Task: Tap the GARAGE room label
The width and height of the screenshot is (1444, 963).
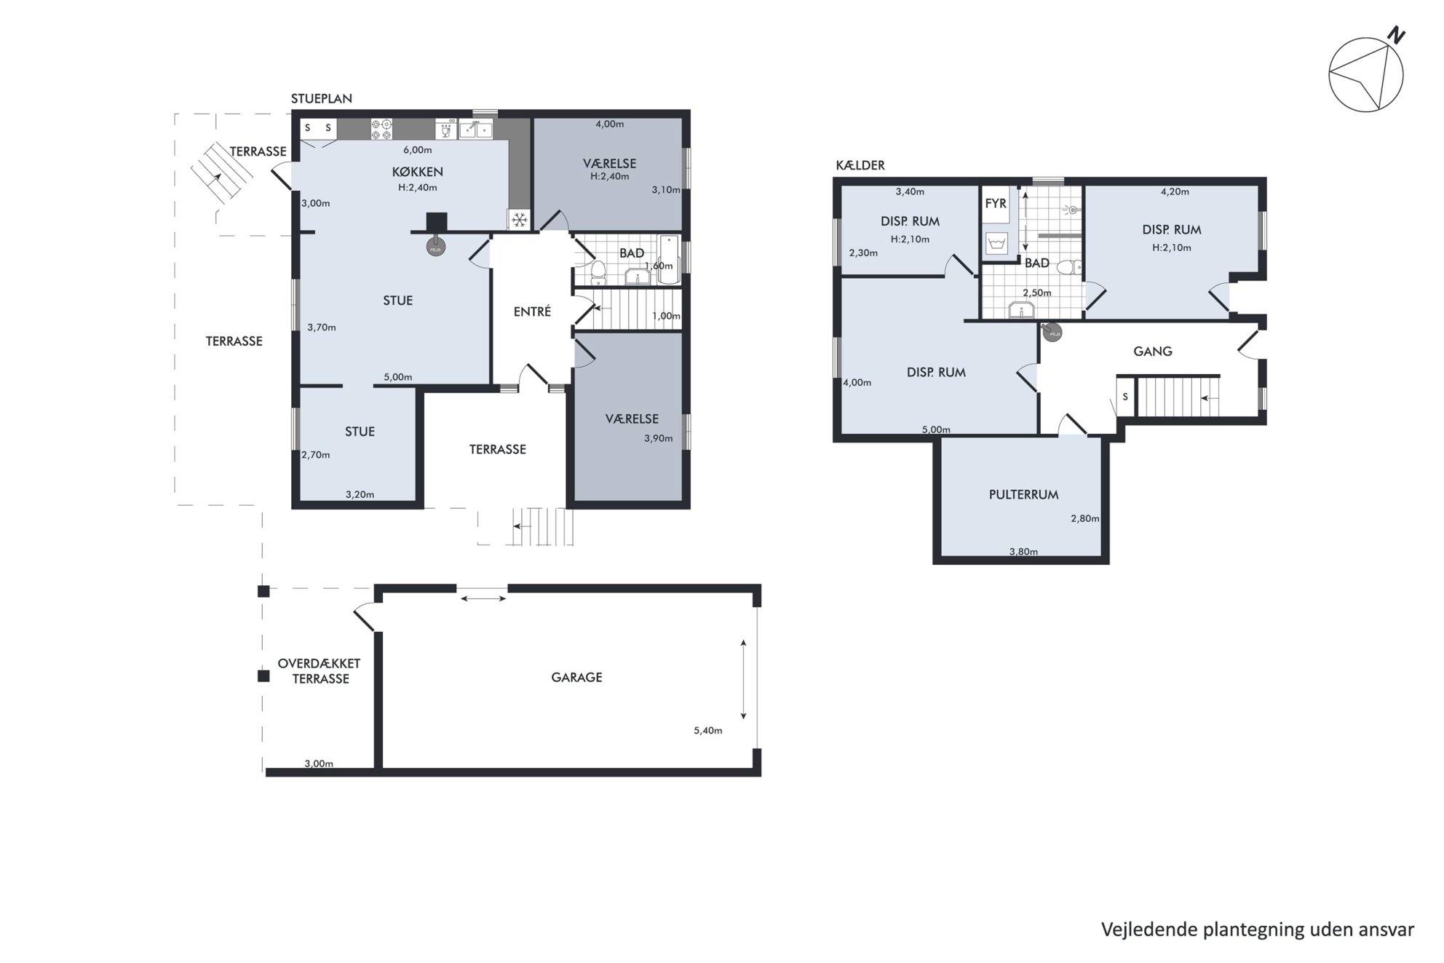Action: coord(576,677)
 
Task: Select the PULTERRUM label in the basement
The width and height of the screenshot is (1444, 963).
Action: coord(1023,494)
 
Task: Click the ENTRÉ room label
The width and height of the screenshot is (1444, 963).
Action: coord(532,312)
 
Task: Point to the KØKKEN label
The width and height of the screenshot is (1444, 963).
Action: coord(418,172)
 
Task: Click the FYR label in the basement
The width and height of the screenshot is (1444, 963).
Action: coord(996,204)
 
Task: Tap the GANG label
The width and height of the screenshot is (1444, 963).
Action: coord(1153,351)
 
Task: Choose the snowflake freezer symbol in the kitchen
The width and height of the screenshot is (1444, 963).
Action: coord(520,220)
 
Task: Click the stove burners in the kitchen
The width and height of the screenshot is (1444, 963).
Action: coord(382,129)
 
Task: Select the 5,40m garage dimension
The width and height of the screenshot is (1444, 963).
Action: coord(708,730)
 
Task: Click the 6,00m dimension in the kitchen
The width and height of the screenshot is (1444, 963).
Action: coord(418,150)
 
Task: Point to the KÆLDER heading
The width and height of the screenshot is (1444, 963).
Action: coord(860,165)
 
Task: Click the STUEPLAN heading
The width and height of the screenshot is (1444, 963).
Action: coord(322,98)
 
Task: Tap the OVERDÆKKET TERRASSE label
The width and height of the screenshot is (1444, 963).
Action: coord(320,671)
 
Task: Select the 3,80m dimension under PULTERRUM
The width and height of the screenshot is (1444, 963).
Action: coord(1023,551)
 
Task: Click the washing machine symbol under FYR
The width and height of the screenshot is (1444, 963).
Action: coord(996,242)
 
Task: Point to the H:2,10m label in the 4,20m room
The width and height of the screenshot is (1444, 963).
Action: coord(1172,247)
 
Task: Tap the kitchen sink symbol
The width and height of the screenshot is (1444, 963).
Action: coord(475,130)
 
